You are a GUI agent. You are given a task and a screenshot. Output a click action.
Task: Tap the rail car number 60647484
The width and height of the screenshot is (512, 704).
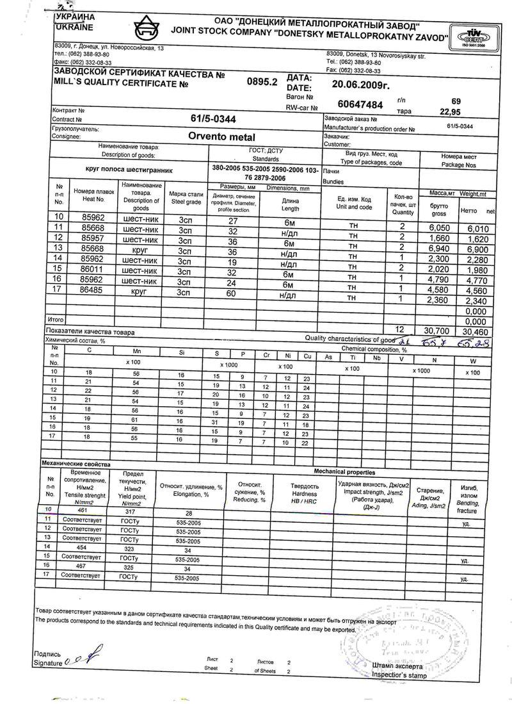[x=360, y=104]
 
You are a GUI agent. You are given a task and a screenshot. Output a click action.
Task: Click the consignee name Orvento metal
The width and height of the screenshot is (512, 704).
[x=221, y=136]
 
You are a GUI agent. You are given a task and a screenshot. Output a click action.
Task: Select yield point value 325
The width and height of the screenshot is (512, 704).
[x=128, y=568]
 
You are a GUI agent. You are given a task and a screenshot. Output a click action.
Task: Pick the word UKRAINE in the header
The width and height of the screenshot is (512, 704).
[x=74, y=28]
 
